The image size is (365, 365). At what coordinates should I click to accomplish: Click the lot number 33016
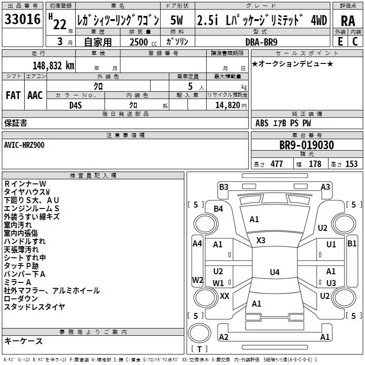23,21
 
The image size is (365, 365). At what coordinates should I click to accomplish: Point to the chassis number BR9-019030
306,146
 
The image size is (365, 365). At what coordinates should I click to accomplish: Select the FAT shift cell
13,95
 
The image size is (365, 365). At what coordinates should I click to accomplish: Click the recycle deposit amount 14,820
226,104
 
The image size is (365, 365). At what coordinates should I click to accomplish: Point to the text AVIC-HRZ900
25,145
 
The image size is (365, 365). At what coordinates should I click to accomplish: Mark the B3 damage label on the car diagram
224,187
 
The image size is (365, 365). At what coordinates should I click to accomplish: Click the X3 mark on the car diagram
261,240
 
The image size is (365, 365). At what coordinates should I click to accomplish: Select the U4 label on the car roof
274,272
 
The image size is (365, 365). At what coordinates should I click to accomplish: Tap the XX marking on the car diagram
224,296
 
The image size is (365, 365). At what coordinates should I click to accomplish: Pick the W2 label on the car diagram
197,280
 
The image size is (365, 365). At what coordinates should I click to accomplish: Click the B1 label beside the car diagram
352,244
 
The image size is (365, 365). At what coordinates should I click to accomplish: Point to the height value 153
351,164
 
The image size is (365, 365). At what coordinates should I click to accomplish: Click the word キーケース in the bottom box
23,341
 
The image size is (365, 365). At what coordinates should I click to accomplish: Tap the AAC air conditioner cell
35,95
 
